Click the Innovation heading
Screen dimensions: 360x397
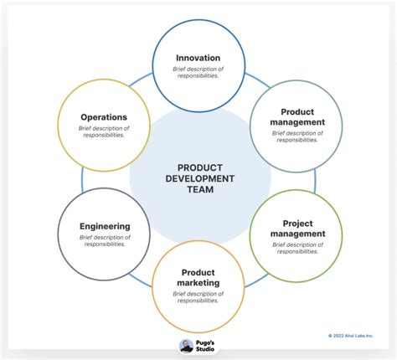(198, 58)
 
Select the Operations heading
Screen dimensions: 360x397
(104, 117)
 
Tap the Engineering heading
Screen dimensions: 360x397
(105, 226)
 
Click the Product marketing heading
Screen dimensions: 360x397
(198, 277)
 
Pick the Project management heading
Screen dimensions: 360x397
(297, 229)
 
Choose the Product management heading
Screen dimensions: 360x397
(297, 116)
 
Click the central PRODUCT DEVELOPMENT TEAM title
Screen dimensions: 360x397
(201, 178)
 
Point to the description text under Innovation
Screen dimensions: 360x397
(198, 72)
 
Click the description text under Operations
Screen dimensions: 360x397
(104, 131)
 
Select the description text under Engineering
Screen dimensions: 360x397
(105, 240)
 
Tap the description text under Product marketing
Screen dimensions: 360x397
(198, 297)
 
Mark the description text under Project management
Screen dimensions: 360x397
(297, 248)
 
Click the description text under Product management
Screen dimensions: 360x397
(297, 136)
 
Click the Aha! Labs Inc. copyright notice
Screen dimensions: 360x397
(351, 336)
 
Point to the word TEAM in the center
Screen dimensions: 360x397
(201, 190)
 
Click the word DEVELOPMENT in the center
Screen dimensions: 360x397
(201, 178)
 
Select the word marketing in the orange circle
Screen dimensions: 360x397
(198, 283)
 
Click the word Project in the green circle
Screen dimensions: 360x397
(297, 223)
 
